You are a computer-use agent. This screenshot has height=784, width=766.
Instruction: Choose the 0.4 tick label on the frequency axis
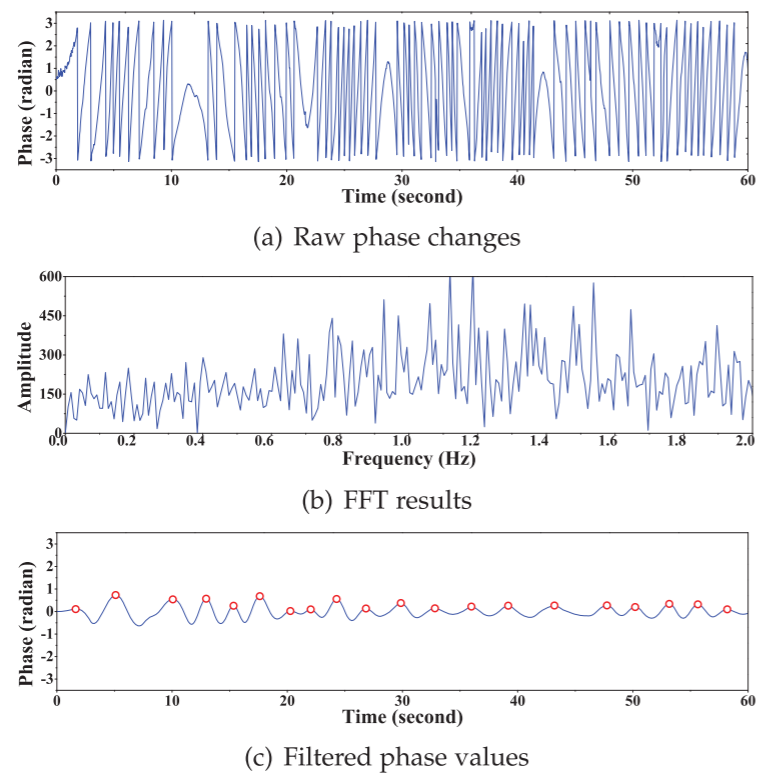pos(196,441)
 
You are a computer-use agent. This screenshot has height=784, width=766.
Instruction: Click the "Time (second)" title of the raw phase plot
pos(403,197)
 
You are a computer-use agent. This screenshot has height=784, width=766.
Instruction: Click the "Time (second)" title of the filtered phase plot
pos(403,717)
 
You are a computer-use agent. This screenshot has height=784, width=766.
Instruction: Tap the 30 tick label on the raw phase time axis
pos(402,179)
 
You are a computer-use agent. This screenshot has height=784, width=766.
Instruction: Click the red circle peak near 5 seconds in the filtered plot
pos(116,595)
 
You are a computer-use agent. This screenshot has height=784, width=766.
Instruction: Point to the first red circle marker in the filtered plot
pos(76,609)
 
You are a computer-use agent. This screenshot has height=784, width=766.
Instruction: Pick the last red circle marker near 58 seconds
pos(727,609)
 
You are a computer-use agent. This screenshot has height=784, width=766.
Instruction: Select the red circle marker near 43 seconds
pos(554,606)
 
